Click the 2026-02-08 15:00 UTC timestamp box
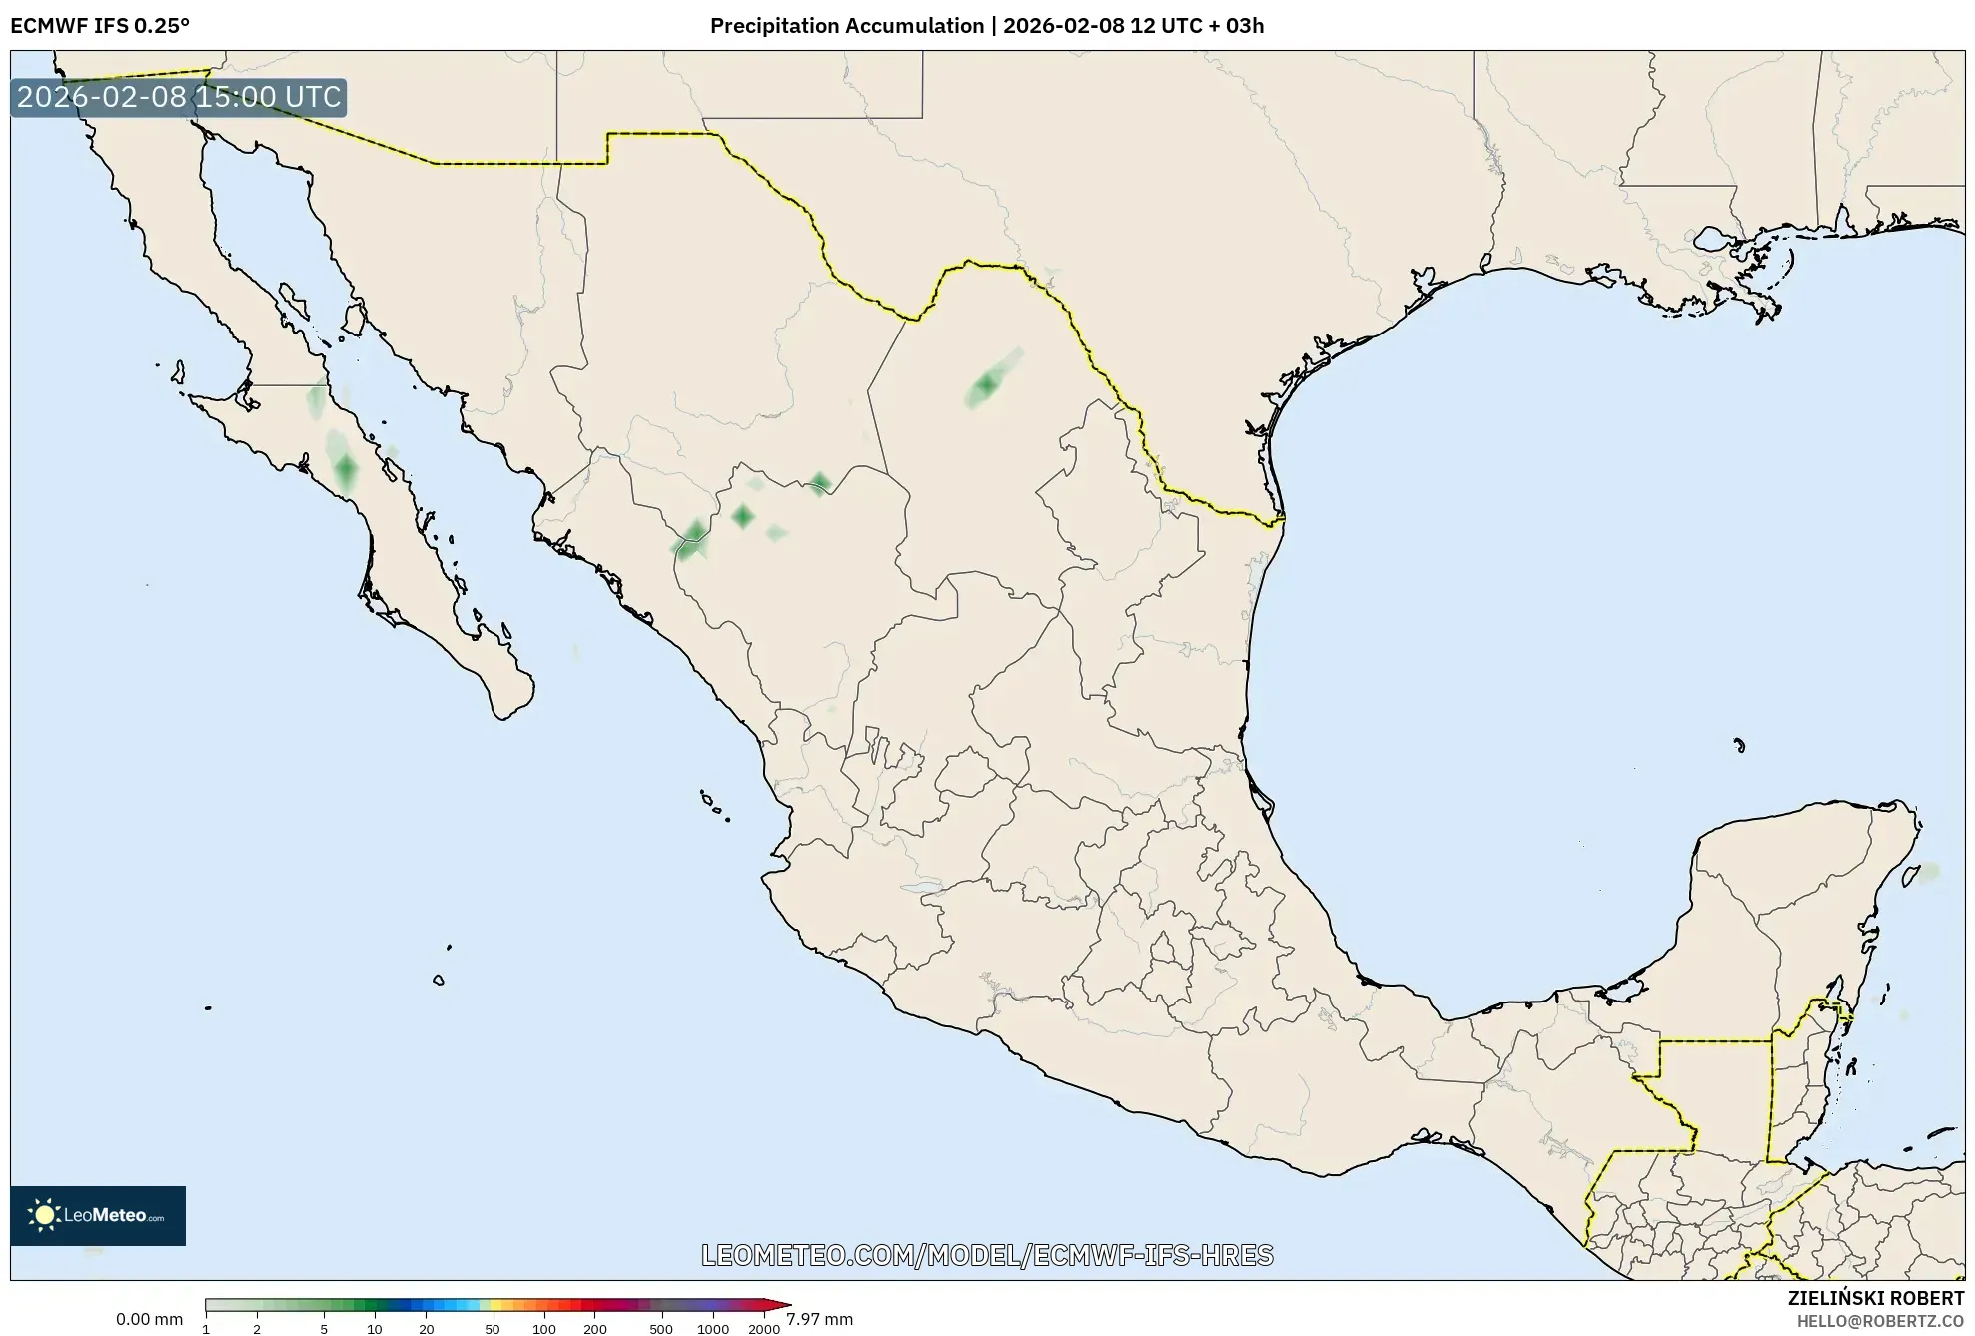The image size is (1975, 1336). pyautogui.click(x=179, y=97)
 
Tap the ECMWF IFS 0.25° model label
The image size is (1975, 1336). pyautogui.click(x=100, y=26)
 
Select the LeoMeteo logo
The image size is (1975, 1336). pyautogui.click(x=98, y=1215)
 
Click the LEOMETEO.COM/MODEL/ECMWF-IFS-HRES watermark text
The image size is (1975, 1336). pyautogui.click(x=987, y=1255)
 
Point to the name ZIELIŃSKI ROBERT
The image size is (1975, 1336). pyautogui.click(x=1875, y=1298)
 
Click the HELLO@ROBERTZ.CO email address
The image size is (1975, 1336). pyautogui.click(x=1880, y=1321)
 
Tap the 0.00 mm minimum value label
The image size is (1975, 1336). pyautogui.click(x=149, y=1319)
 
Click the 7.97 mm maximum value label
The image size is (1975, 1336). pyautogui.click(x=819, y=1319)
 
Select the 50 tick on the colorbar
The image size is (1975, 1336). pyautogui.click(x=492, y=1328)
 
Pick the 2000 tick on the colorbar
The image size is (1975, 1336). pyautogui.click(x=764, y=1328)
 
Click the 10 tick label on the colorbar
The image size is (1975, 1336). pyautogui.click(x=374, y=1328)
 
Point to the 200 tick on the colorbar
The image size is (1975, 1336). pyautogui.click(x=595, y=1328)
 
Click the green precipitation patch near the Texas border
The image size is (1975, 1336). pyautogui.click(x=987, y=384)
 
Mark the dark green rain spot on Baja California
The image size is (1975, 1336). pyautogui.click(x=346, y=469)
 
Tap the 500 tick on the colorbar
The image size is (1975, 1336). pyautogui.click(x=661, y=1328)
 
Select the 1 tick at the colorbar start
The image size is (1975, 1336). pyautogui.click(x=206, y=1328)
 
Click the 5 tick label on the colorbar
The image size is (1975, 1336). pyautogui.click(x=324, y=1328)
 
